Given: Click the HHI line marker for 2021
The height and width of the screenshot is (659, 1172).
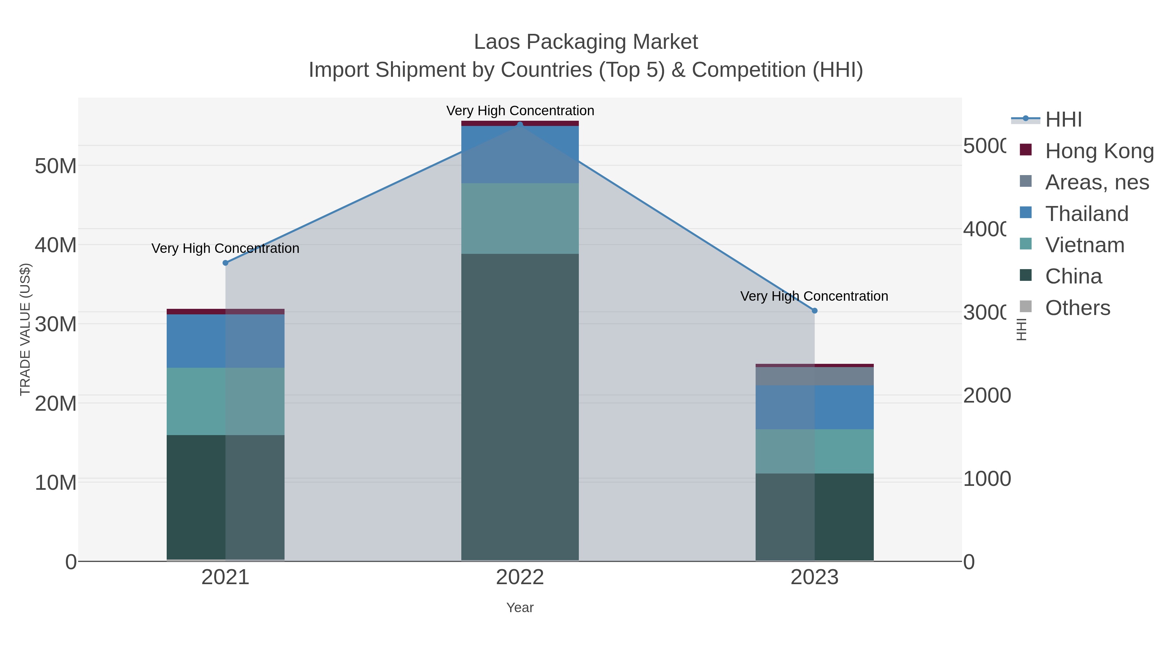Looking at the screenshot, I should pyautogui.click(x=225, y=263).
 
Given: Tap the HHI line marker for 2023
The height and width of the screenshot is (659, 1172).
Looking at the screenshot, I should pyautogui.click(x=815, y=311).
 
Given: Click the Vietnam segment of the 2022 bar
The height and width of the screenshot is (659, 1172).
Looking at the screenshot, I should pyautogui.click(x=520, y=218).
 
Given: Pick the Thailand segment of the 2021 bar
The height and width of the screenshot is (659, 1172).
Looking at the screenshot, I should pyautogui.click(x=225, y=341).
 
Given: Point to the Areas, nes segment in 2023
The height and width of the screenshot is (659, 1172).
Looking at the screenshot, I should pyautogui.click(x=815, y=376).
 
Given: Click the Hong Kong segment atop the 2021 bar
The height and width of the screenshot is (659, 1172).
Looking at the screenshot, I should pyautogui.click(x=225, y=311).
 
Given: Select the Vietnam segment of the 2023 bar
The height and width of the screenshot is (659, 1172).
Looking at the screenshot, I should pyautogui.click(x=815, y=451).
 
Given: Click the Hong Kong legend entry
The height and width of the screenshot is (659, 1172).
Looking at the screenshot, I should pyautogui.click(x=1099, y=151).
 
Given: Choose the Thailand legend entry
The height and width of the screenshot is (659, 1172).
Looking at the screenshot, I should pyautogui.click(x=1086, y=214).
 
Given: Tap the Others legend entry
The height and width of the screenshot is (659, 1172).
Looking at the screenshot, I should pyautogui.click(x=1077, y=308).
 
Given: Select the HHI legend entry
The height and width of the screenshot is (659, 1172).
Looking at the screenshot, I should pyautogui.click(x=1063, y=120).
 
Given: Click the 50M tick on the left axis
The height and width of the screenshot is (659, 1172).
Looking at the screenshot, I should pyautogui.click(x=55, y=166).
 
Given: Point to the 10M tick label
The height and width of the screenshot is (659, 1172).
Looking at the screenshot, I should pyautogui.click(x=55, y=483).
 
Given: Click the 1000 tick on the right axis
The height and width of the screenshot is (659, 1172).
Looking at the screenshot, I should pyautogui.click(x=986, y=479).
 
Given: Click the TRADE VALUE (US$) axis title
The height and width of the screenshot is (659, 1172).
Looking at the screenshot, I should pyautogui.click(x=25, y=329).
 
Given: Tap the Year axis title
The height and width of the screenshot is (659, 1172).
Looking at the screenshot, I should pyautogui.click(x=520, y=608).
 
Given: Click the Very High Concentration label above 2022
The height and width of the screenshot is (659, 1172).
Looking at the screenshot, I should pyautogui.click(x=520, y=111).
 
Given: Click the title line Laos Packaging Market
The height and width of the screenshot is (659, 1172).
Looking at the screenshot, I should pyautogui.click(x=586, y=42).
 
